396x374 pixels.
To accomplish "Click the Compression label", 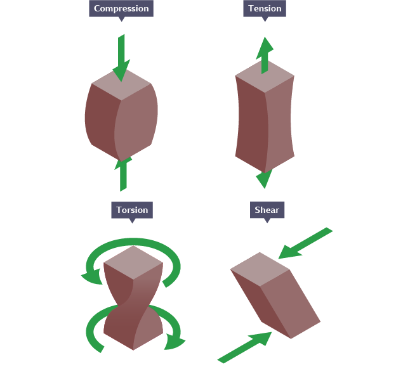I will (121, 9).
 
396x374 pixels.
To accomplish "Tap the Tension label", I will (265, 9).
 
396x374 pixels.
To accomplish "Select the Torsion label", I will (132, 210).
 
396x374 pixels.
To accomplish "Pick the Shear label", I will (267, 210).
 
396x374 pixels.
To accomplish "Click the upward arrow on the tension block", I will (265, 54).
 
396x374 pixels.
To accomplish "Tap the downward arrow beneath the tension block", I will (264, 179).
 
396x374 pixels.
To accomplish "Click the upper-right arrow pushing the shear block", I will (306, 243).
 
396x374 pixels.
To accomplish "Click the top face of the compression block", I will (121, 84).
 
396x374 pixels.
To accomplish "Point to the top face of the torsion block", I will (133, 261).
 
